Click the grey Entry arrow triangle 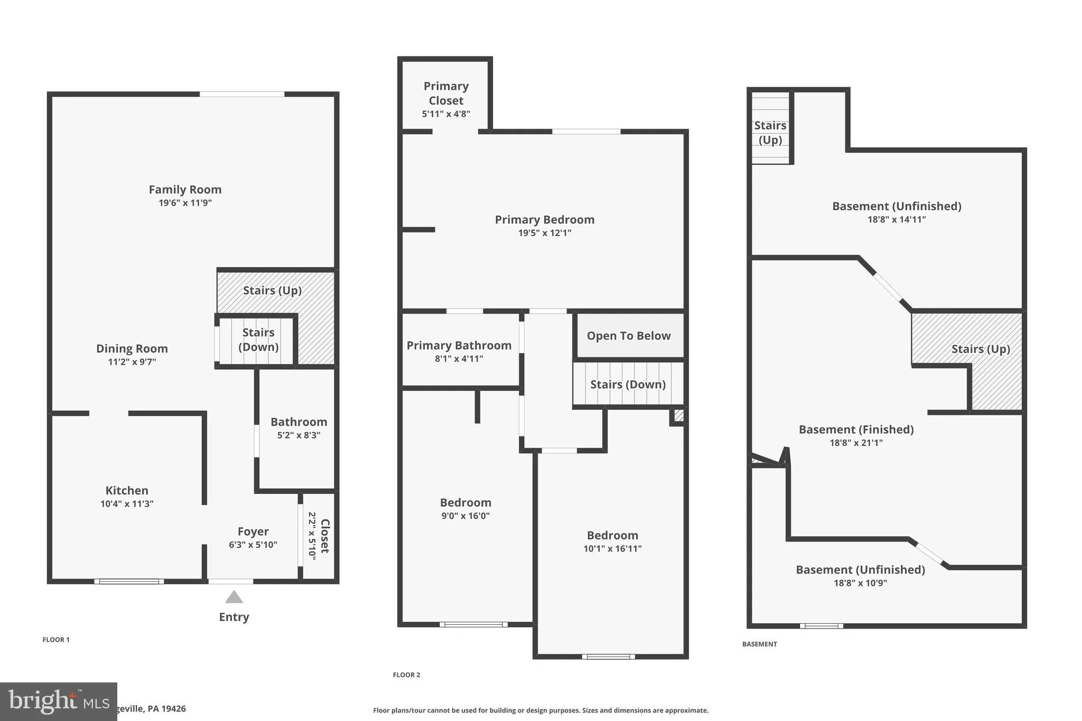tap(234, 597)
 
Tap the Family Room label tap(185, 190)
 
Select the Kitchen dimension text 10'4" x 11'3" tap(127, 504)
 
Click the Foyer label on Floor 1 tap(253, 531)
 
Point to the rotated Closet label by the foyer tap(325, 536)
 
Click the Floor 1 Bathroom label tap(299, 422)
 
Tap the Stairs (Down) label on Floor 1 tap(258, 340)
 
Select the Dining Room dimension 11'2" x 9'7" tap(132, 362)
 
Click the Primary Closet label tap(446, 93)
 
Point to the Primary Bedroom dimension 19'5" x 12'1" tap(545, 233)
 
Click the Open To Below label tap(629, 336)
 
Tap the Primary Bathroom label tap(459, 345)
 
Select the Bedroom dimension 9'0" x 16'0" tap(465, 516)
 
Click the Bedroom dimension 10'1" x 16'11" tap(612, 549)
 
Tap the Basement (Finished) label tap(856, 429)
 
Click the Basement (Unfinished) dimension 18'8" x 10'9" tap(860, 583)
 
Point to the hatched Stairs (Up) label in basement tap(981, 349)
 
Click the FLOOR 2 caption tap(406, 675)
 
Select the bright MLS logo tap(58, 701)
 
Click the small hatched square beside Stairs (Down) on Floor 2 tap(679, 416)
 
